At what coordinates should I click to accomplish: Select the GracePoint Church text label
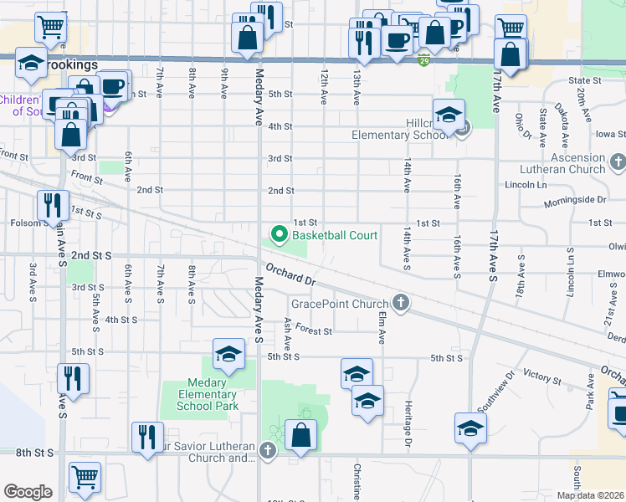(x=340, y=303)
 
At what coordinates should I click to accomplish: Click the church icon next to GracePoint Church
(x=401, y=303)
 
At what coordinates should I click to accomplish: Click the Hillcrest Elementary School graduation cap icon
(x=449, y=116)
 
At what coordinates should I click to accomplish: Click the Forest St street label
(x=314, y=331)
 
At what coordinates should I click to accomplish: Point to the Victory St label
(x=541, y=378)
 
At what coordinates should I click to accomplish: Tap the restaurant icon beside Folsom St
(x=53, y=206)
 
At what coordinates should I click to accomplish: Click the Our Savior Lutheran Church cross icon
(x=268, y=452)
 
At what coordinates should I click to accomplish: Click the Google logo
(x=28, y=492)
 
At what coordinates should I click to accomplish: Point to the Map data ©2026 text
(x=589, y=495)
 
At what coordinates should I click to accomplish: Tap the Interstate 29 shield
(x=424, y=60)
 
